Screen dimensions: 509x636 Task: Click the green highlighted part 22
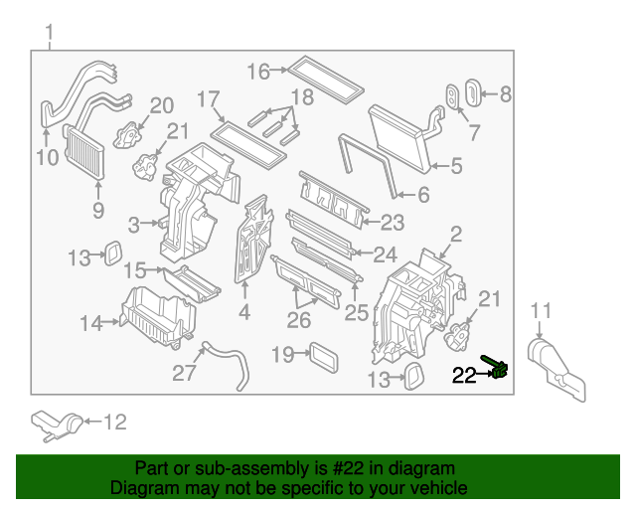(499, 369)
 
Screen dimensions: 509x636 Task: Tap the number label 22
(464, 376)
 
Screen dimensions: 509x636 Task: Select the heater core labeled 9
(84, 151)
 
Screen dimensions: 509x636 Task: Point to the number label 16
(257, 72)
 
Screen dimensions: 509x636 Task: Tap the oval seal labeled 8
(472, 96)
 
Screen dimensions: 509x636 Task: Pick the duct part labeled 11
(555, 362)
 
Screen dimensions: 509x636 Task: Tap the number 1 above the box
(49, 38)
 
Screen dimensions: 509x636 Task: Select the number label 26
(299, 321)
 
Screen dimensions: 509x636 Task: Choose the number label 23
(394, 221)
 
